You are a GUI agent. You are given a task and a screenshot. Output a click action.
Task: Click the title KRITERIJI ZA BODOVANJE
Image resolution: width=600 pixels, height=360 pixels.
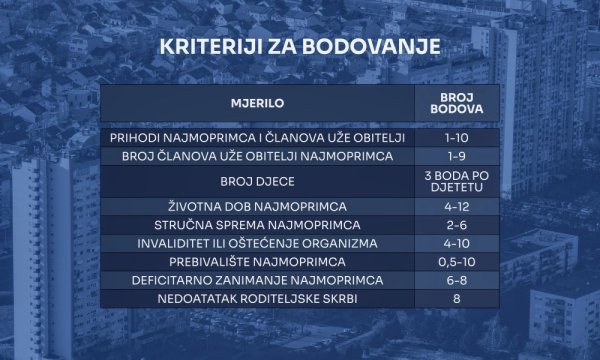tap(300, 49)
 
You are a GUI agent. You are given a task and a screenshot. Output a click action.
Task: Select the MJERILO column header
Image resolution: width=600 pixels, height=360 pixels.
tap(258, 102)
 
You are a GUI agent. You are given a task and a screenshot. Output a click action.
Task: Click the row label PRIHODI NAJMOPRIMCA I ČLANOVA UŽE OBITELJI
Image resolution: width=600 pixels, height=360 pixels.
tap(258, 137)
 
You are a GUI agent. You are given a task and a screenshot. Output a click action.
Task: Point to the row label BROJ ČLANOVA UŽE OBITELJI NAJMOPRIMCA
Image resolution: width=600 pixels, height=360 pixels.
tap(258, 156)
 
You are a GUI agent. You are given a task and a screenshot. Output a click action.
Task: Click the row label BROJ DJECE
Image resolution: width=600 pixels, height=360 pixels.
tap(258, 182)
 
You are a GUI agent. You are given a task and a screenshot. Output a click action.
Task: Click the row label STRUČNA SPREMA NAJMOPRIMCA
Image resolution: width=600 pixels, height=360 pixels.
tap(258, 225)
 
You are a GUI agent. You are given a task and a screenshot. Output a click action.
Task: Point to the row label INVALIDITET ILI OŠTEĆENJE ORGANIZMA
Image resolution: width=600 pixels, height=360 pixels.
tap(258, 243)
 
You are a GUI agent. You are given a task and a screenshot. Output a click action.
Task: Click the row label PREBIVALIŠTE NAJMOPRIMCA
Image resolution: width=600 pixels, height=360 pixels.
tap(258, 261)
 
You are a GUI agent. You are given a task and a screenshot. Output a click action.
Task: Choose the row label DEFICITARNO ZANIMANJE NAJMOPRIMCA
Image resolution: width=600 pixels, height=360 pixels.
tap(258, 280)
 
